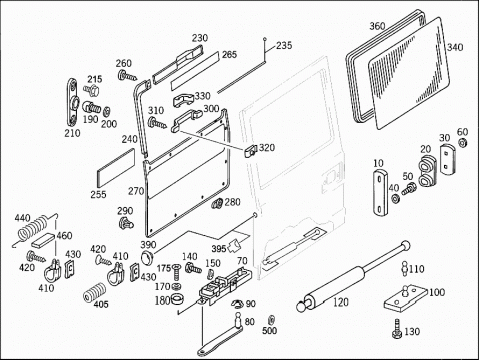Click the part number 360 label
377,26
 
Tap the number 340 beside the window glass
455,47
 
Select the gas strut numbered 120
353,277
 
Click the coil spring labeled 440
32,229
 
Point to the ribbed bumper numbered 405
95,292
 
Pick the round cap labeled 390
146,259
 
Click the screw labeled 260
127,76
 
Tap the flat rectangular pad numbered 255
116,169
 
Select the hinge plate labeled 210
73,102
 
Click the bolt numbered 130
397,329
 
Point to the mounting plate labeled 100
405,298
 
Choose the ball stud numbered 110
404,268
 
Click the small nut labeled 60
462,143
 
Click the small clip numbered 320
251,151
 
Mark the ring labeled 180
177,299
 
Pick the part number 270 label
136,191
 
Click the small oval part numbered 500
271,319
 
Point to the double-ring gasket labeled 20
427,171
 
